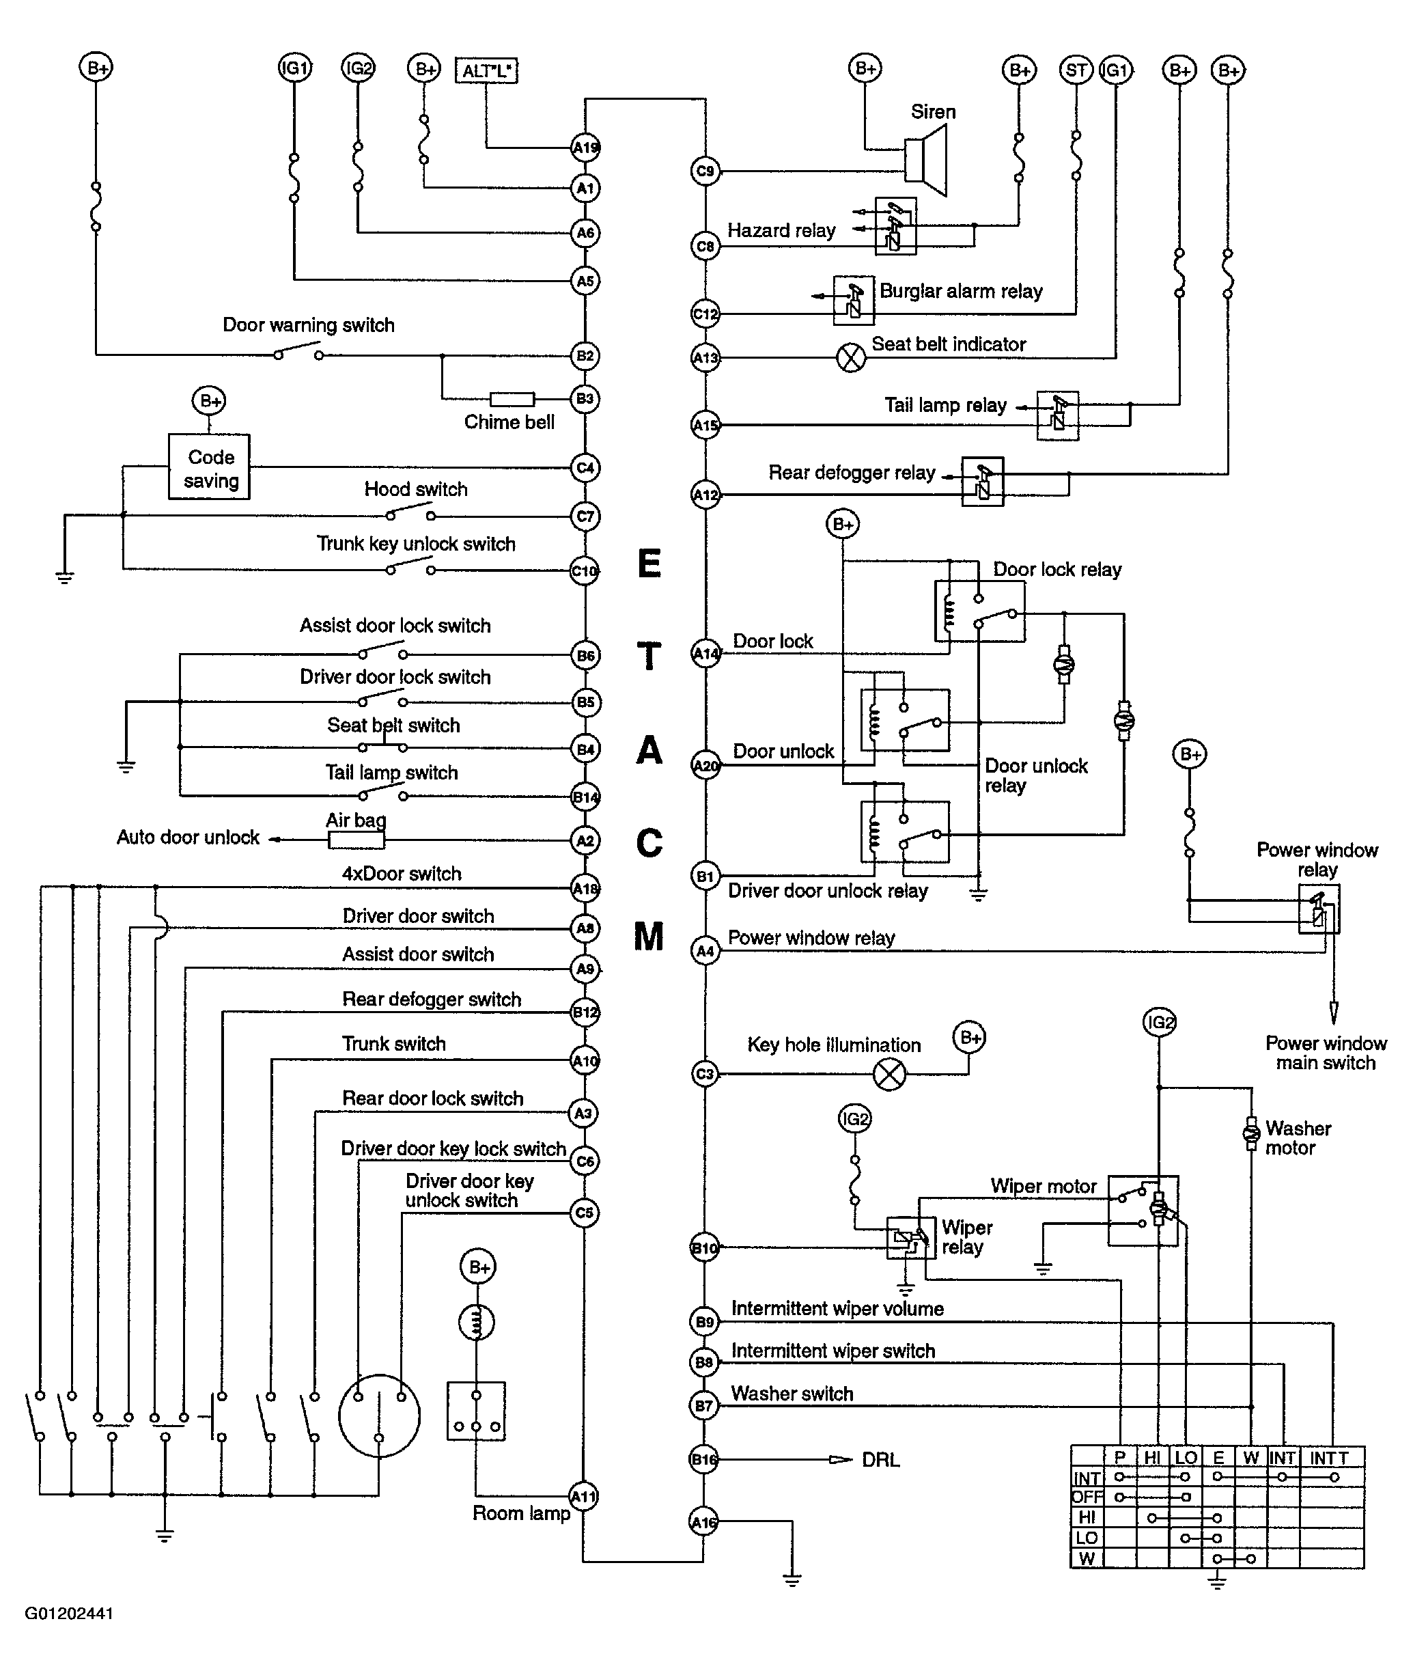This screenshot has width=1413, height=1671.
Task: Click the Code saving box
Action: tap(209, 467)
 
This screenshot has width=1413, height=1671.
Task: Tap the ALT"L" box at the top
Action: tap(486, 70)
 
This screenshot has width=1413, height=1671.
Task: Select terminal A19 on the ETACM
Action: tap(585, 148)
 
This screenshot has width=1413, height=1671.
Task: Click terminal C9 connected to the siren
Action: tap(705, 171)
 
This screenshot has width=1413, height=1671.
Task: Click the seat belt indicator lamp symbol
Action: tap(851, 357)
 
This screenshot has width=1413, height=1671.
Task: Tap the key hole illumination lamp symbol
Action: tap(889, 1074)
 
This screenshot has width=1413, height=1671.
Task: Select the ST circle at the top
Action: tap(1076, 70)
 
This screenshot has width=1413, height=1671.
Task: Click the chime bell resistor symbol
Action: tap(512, 399)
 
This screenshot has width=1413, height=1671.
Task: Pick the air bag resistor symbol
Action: tap(356, 840)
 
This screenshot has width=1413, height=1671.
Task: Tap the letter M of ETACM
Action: tap(649, 936)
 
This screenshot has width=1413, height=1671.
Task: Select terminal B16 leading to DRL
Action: tap(704, 1459)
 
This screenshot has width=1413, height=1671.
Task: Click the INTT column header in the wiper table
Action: tap(1329, 1458)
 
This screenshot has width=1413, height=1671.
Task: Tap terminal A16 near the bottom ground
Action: tap(704, 1522)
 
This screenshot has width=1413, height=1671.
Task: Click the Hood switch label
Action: tap(416, 489)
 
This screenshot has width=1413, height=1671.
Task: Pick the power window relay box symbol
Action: tap(1319, 909)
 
